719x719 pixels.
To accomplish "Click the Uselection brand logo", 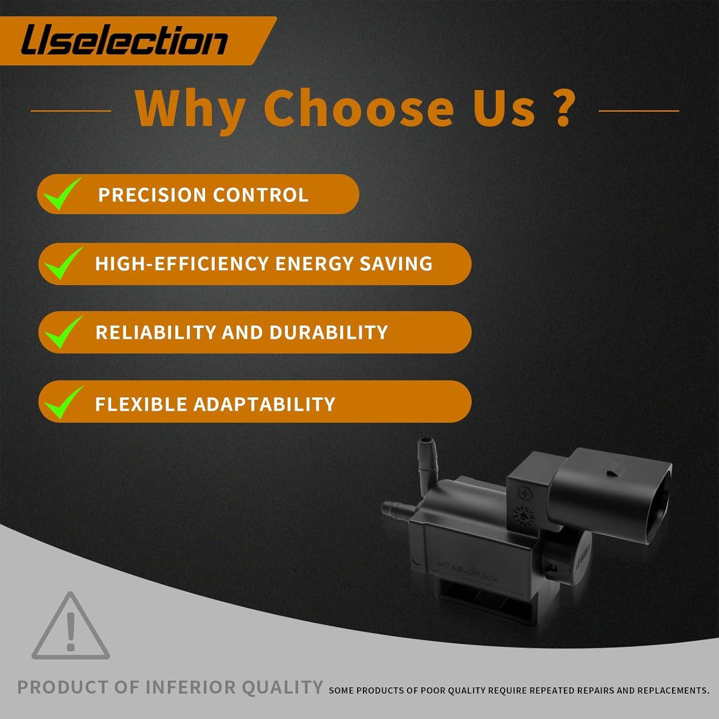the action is coord(124,40).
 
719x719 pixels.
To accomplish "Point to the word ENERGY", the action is coord(314,264).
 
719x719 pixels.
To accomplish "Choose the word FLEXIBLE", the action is coord(141,405).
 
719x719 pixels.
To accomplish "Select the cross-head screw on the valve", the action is coord(525,493).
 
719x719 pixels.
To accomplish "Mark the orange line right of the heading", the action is coord(639,111).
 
